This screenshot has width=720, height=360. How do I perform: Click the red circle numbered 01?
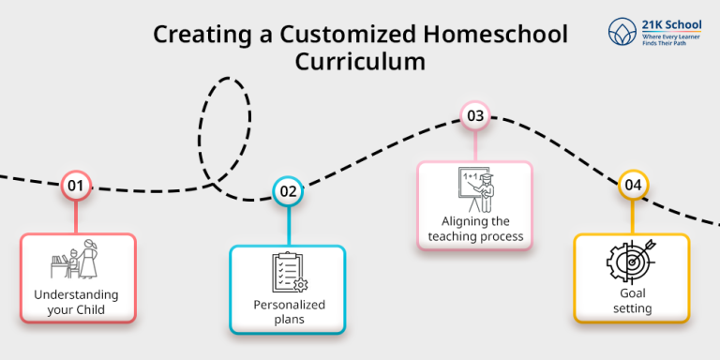click(75, 186)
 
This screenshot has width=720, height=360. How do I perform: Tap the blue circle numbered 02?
click(288, 192)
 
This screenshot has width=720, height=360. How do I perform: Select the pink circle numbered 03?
click(475, 116)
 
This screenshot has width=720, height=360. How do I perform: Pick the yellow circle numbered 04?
click(633, 186)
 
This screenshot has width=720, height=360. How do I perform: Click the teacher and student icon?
click(79, 259)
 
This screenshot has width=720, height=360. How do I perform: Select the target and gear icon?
click(631, 264)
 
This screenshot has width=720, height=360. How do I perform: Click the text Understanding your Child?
click(77, 301)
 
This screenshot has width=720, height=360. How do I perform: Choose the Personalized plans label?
click(289, 312)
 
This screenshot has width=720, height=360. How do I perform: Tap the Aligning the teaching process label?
click(475, 229)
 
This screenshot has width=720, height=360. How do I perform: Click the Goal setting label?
click(631, 300)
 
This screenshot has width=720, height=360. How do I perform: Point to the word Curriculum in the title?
click(361, 61)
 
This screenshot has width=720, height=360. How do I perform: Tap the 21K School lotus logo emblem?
click(621, 31)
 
